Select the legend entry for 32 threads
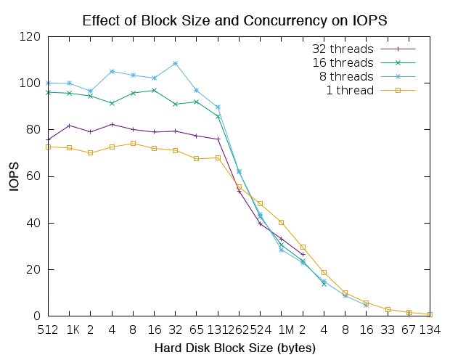pos(343,49)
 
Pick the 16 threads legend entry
pos(343,62)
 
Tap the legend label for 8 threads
pos(346,76)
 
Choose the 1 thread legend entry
pos(350,90)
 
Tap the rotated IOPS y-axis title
pos(14,176)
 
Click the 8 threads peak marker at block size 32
pos(176,63)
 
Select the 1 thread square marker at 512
pos(48,147)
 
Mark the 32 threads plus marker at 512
pos(48,139)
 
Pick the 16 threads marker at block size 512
pos(48,92)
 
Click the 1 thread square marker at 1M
pos(282,222)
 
